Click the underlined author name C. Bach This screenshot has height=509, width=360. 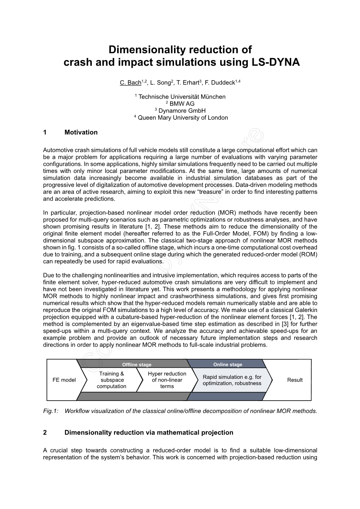point(130,83)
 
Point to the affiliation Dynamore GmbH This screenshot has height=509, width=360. point(182,111)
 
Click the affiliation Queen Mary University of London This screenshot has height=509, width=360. point(182,118)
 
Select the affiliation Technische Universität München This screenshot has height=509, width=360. point(182,97)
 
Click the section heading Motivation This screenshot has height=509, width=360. point(81,132)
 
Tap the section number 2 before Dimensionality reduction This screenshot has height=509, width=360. point(45,432)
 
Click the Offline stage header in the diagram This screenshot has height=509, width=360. point(137,365)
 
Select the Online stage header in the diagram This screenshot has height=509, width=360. point(228,365)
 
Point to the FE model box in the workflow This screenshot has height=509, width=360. point(64,380)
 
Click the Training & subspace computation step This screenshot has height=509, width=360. point(112,380)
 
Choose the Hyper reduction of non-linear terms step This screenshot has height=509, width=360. point(167,380)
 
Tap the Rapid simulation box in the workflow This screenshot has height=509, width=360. point(232,380)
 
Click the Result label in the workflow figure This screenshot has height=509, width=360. point(295,380)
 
